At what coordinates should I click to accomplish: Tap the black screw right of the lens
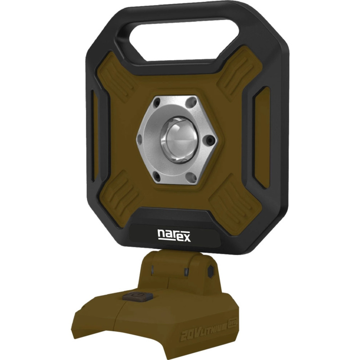[x=210, y=141]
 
